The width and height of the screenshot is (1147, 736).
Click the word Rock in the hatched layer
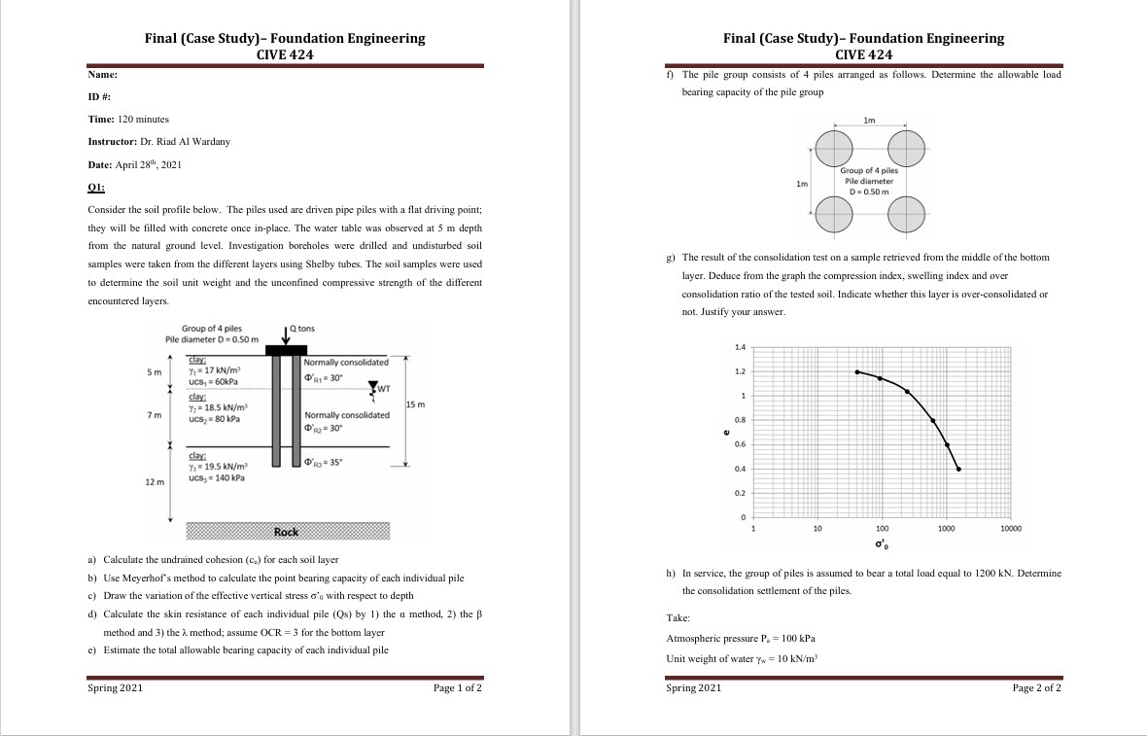(286, 532)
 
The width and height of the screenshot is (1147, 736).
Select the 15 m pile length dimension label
(415, 403)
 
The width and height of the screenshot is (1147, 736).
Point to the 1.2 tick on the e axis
(741, 371)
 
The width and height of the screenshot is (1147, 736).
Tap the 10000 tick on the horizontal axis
(1011, 529)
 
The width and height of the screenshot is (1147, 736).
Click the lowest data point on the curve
(958, 469)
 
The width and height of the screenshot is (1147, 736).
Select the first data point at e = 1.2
(856, 371)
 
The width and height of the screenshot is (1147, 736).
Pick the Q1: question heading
(96, 187)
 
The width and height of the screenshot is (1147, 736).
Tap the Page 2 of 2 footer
(1036, 688)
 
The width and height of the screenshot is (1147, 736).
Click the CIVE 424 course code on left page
(285, 54)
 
